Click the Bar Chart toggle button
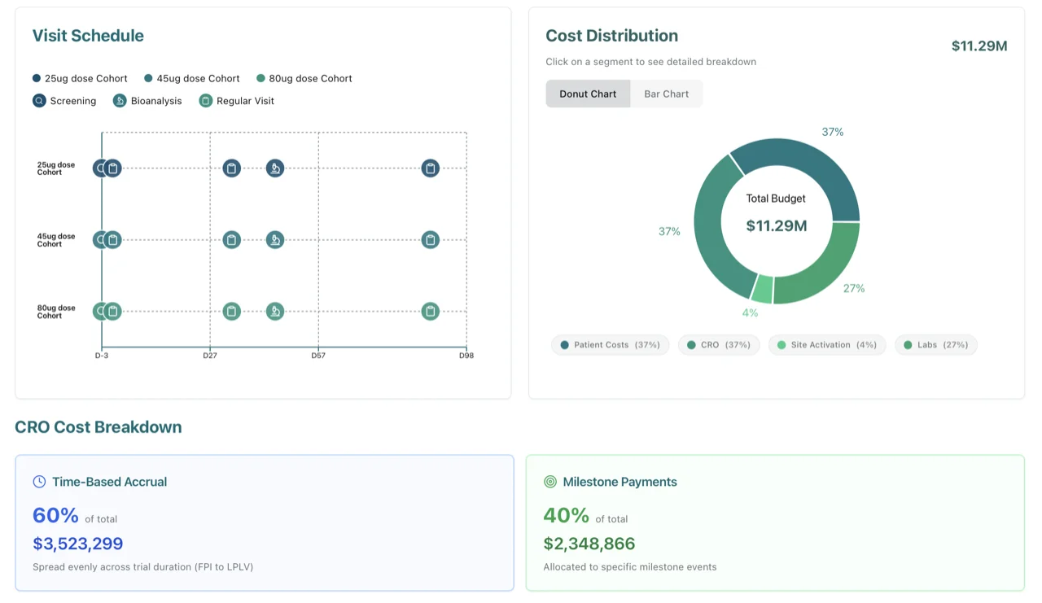[666, 94]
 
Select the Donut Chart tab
[587, 94]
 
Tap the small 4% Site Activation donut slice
[762, 288]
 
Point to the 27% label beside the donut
[854, 288]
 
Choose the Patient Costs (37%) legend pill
[610, 345]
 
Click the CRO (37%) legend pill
[719, 345]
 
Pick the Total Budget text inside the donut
[776, 199]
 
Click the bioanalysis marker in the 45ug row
[275, 240]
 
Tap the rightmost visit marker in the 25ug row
[431, 168]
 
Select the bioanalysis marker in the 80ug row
[275, 311]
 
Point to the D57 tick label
[318, 356]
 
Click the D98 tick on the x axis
[466, 356]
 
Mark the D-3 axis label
[102, 356]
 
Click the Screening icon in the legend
[39, 101]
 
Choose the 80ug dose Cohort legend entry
[304, 79]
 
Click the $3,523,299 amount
[78, 544]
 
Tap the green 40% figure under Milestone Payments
[566, 516]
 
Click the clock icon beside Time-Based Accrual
[39, 482]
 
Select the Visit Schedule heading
[88, 36]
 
